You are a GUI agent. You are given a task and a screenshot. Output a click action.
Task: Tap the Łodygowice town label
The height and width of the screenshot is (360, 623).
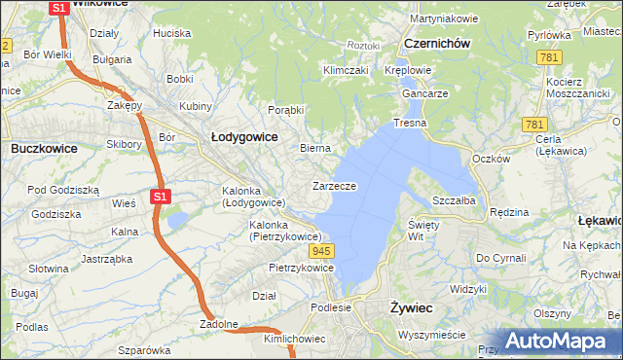(244, 137)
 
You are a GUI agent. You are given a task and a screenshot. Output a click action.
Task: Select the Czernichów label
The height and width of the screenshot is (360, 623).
(437, 44)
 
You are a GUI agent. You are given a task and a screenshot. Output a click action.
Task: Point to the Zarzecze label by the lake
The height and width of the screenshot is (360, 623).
(334, 185)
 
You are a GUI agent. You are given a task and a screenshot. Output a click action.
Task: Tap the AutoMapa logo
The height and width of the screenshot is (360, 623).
(559, 341)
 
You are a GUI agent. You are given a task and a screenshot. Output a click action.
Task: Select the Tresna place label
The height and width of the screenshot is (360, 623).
(411, 125)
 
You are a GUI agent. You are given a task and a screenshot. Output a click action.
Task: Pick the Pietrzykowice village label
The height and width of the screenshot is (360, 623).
(279, 267)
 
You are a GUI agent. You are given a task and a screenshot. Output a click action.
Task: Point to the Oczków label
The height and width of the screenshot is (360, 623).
(490, 159)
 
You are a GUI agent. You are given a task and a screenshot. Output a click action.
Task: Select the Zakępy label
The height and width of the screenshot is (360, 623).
(125, 105)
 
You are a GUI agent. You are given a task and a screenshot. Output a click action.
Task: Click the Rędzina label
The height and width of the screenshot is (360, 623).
(508, 211)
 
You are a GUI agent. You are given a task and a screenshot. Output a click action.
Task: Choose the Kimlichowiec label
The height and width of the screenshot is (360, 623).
(294, 339)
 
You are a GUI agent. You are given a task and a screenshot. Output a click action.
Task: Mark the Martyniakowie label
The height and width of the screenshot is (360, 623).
(443, 18)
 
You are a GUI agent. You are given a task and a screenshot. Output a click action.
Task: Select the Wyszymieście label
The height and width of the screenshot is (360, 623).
(432, 334)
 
